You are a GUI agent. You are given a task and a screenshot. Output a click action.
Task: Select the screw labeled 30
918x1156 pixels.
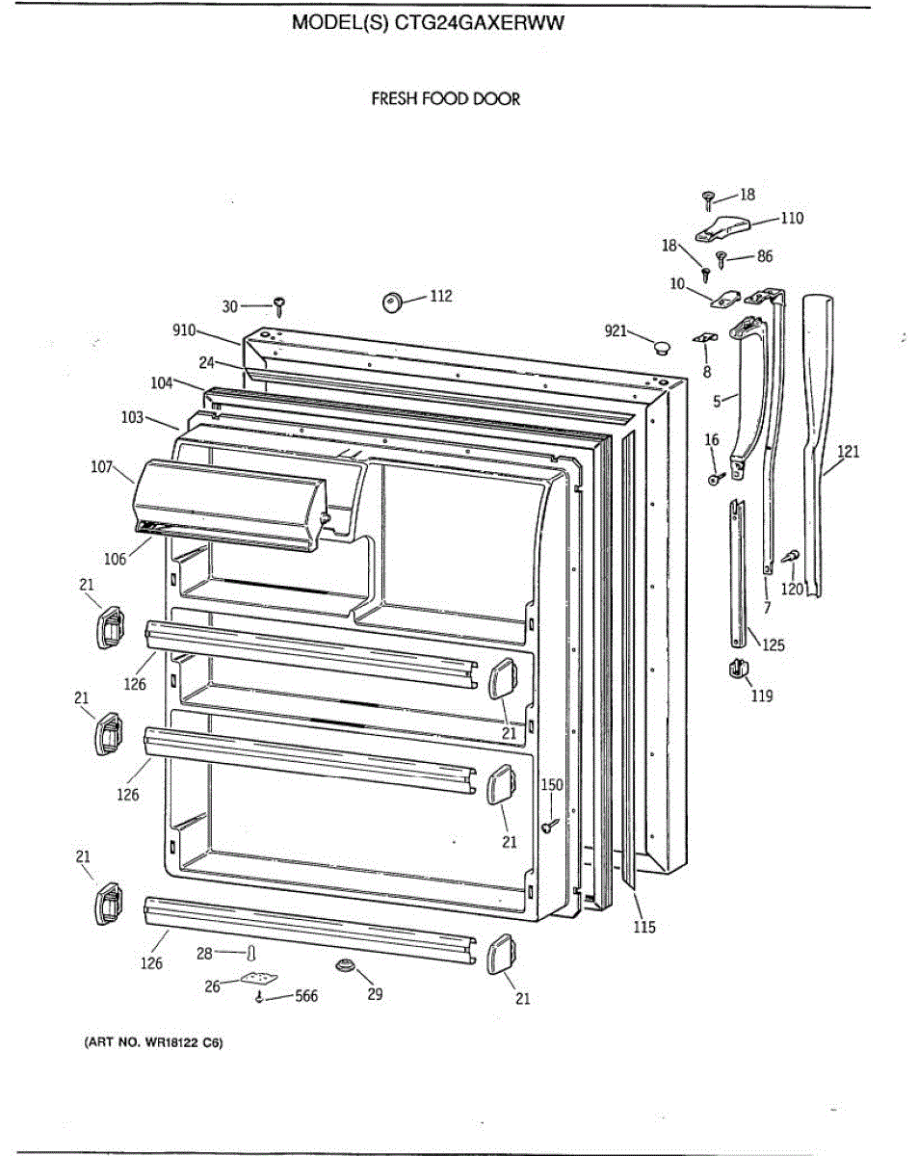(279, 306)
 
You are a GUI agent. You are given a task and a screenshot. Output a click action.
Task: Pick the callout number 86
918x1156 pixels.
(764, 256)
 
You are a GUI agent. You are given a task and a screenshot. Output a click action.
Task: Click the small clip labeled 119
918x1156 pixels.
(736, 668)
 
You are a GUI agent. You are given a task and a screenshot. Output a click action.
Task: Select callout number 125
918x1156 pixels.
(773, 645)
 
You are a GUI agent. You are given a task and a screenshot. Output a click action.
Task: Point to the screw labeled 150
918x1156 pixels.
(548, 825)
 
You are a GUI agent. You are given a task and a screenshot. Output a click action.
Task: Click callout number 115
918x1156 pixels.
(643, 927)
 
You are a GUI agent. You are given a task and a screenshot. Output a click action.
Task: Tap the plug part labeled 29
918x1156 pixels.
(345, 965)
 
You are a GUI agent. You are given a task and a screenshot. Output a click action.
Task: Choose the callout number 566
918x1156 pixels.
(305, 996)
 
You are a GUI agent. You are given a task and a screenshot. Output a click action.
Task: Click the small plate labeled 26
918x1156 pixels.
(256, 979)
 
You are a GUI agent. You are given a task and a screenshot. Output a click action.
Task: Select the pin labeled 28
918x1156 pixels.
(250, 954)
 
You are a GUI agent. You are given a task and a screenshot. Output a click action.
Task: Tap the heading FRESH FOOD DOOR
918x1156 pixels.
(446, 98)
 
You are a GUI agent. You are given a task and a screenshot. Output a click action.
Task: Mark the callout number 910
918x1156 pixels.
(184, 329)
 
